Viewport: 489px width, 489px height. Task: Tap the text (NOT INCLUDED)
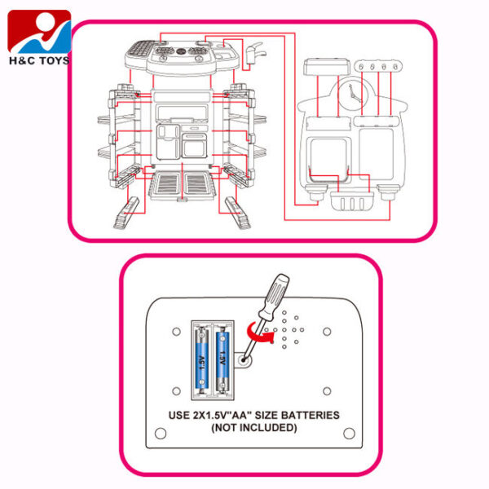point(254,427)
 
